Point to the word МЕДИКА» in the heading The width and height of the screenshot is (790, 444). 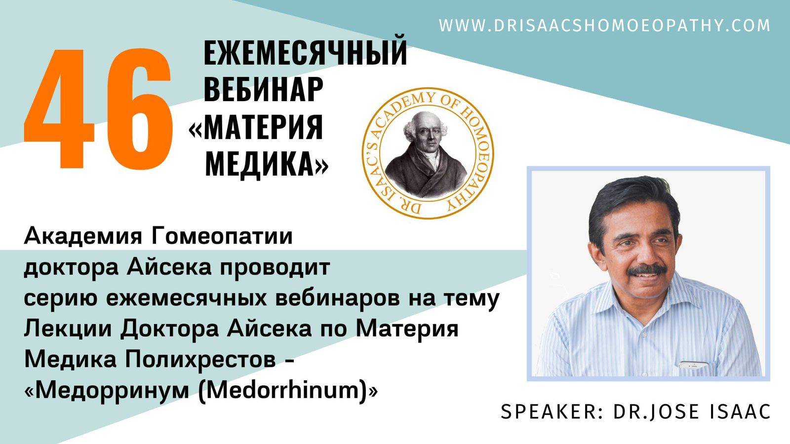[267, 163]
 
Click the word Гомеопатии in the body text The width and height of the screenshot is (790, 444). [222, 236]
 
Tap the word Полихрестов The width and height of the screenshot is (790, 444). [200, 360]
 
